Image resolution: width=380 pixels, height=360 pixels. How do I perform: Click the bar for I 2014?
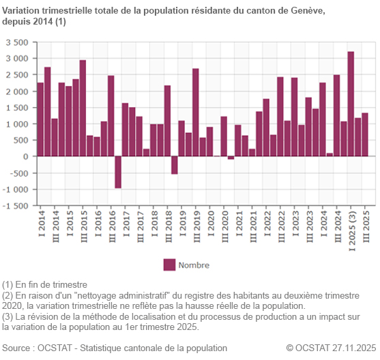click(x=40, y=119)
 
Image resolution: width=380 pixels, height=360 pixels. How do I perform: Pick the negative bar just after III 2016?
click(x=118, y=172)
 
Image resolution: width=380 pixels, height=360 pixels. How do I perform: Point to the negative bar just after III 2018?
click(x=175, y=165)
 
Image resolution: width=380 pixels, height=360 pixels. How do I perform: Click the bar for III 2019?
click(x=195, y=112)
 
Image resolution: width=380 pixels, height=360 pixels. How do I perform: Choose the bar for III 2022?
click(x=280, y=117)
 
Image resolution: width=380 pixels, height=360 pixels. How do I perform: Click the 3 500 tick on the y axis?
click(x=17, y=42)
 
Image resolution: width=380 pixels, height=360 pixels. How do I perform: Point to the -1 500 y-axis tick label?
click(x=16, y=206)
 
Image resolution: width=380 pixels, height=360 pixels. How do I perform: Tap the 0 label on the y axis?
click(x=25, y=157)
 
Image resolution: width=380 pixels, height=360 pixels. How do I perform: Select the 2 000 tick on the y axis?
click(x=17, y=91)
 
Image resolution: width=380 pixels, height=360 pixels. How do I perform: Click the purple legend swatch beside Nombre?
click(x=169, y=265)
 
